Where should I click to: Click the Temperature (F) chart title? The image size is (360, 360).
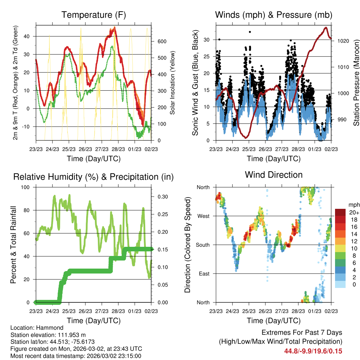click(93, 15)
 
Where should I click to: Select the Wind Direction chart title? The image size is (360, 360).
click(274, 174)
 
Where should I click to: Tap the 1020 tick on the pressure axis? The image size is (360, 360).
click(342, 41)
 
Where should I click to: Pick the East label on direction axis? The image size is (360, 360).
click(203, 274)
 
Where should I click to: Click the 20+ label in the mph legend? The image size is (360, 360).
click(353, 212)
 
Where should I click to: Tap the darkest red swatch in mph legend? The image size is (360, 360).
click(340, 212)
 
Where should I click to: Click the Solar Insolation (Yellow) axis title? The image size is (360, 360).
click(172, 83)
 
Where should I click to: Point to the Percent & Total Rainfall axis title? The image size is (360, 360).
click(13, 245)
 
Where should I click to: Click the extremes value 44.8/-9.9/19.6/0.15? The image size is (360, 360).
click(313, 351)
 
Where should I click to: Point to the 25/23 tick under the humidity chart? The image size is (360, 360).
click(69, 311)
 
